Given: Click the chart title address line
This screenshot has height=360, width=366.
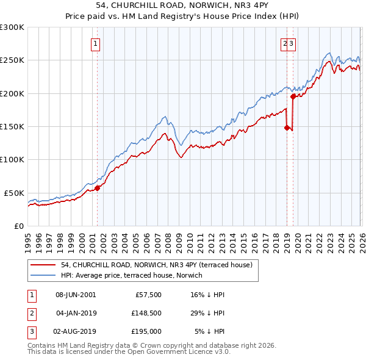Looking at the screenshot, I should (183, 5).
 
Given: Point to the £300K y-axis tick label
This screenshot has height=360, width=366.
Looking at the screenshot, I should (12, 27).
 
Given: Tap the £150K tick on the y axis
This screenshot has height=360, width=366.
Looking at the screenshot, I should (12, 126).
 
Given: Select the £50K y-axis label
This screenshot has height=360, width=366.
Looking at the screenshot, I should (14, 192).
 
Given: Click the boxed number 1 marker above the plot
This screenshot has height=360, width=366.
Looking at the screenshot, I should (96, 43).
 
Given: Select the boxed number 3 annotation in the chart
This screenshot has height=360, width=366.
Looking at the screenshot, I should (292, 43).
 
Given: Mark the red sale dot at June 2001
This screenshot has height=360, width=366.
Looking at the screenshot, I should (97, 188).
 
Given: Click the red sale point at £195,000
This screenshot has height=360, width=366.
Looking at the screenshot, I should (293, 96).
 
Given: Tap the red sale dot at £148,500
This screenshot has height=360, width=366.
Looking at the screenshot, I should (287, 128).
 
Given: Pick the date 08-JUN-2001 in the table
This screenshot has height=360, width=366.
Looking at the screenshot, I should (76, 295).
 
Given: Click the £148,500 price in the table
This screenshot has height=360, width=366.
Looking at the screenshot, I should (145, 314).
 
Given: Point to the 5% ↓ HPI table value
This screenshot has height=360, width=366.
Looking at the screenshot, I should (209, 332).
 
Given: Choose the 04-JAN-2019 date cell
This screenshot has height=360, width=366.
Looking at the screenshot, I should (76, 314).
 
